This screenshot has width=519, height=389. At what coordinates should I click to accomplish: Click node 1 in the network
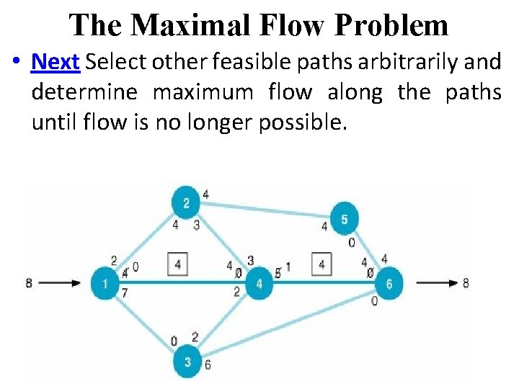click(x=105, y=283)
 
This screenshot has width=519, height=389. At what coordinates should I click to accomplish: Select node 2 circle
click(x=186, y=202)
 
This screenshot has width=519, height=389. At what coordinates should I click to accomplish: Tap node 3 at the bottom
click(x=187, y=362)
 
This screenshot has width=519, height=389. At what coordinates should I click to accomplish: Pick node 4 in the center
click(x=259, y=283)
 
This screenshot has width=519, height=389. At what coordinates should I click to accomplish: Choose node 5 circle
click(x=345, y=218)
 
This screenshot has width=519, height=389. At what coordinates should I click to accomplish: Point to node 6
click(x=389, y=283)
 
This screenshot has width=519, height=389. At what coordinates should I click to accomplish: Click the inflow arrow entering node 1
click(x=60, y=283)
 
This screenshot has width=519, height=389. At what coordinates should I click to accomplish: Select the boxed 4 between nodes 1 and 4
click(x=177, y=264)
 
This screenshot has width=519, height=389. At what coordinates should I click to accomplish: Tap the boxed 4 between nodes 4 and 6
click(x=321, y=264)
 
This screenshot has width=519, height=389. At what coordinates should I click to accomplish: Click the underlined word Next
click(x=55, y=62)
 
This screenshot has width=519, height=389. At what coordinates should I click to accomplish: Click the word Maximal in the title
click(x=188, y=25)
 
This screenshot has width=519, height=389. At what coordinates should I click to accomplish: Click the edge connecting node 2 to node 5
click(x=267, y=210)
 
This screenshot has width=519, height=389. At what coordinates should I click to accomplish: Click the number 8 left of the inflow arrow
click(x=29, y=283)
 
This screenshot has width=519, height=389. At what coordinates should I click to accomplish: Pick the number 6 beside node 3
click(x=208, y=365)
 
